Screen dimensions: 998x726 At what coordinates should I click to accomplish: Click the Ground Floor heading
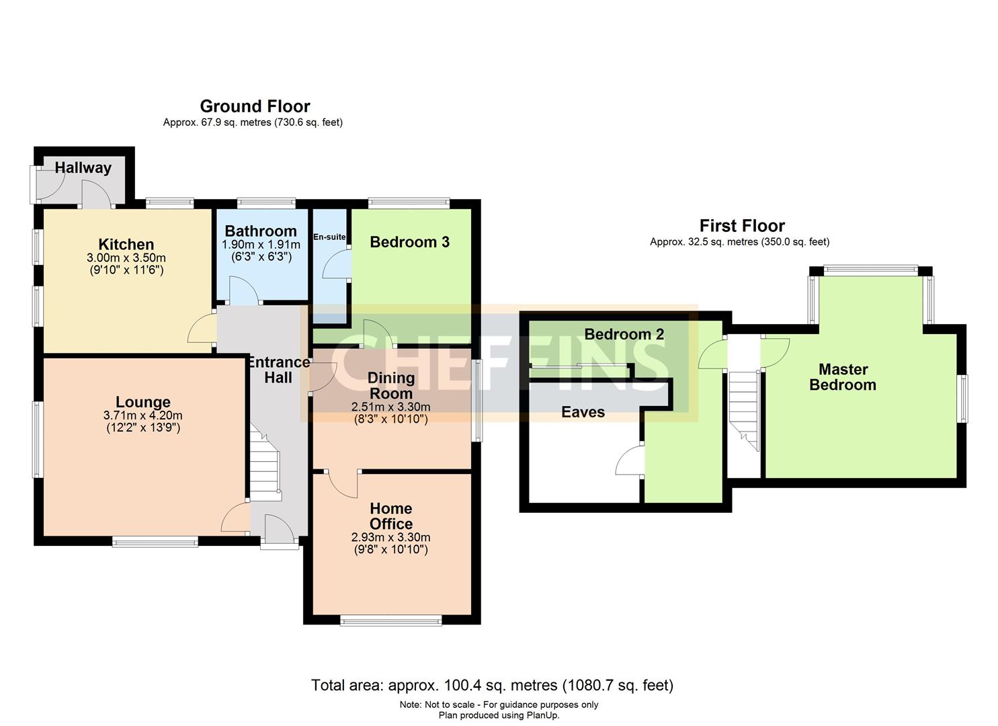(255, 106)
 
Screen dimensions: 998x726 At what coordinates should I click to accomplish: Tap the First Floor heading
(742, 226)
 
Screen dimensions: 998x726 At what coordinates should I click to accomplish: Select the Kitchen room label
(126, 244)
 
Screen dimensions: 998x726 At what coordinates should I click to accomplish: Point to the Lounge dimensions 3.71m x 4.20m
(143, 415)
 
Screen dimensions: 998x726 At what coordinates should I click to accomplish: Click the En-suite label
(329, 237)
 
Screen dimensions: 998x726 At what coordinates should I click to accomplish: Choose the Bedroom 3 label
(409, 242)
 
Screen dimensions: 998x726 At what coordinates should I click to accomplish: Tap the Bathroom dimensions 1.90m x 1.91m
(261, 245)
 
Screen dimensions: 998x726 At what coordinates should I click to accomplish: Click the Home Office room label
(391, 516)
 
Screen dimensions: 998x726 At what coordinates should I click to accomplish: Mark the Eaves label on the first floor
(583, 412)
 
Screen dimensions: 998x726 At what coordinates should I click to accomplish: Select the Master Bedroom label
(843, 377)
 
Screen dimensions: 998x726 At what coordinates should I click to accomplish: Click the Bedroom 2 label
(624, 334)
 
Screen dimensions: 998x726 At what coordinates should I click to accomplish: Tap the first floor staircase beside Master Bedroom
(744, 411)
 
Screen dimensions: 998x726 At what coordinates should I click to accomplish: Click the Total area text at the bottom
(493, 685)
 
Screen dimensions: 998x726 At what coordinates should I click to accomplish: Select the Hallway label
(83, 168)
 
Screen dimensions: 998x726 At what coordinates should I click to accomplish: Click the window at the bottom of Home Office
(390, 620)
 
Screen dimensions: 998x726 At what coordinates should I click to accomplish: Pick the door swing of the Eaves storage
(629, 460)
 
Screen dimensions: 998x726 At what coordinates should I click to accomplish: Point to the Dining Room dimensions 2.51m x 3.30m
(390, 407)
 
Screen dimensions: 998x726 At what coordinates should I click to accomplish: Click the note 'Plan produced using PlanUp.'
(499, 715)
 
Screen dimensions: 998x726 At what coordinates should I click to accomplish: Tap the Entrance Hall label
(278, 370)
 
